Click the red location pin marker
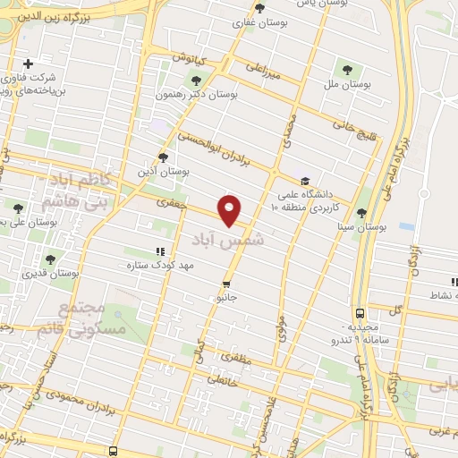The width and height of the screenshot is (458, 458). click(x=231, y=209)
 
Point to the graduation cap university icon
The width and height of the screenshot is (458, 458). click(x=306, y=181)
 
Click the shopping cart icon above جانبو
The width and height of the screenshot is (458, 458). click(x=225, y=284)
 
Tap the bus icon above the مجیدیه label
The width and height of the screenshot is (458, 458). click(x=359, y=313)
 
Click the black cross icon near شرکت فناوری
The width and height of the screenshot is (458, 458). click(x=29, y=64)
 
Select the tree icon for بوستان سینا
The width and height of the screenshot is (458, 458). click(x=361, y=213)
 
